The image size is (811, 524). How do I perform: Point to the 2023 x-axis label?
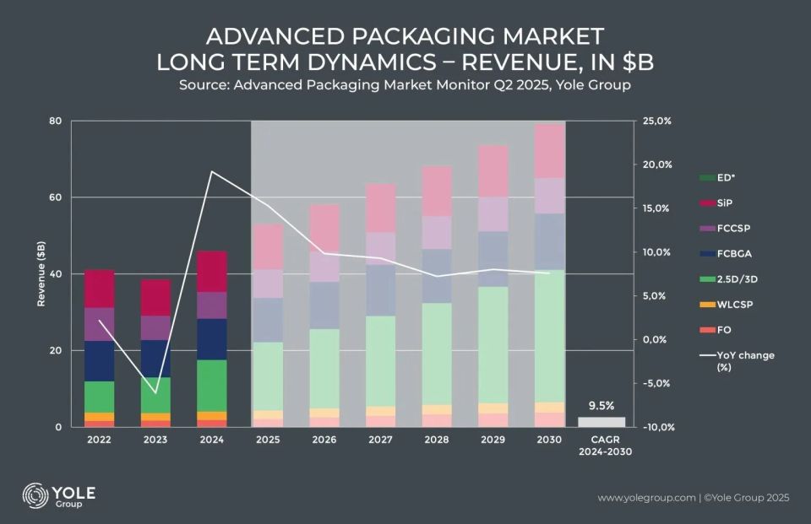[155, 440]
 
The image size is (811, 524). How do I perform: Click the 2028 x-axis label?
[438, 440]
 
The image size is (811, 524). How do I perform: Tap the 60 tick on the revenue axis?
[55, 197]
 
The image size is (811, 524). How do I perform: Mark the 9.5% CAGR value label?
[601, 404]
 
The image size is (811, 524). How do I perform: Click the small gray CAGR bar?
[601, 422]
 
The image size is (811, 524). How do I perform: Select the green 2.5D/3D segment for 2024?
[211, 386]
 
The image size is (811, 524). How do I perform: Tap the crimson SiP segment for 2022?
[99, 289]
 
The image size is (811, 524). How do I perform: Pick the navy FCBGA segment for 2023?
[155, 359]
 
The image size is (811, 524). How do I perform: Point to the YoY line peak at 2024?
[211, 171]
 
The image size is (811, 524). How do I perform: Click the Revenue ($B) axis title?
[41, 274]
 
